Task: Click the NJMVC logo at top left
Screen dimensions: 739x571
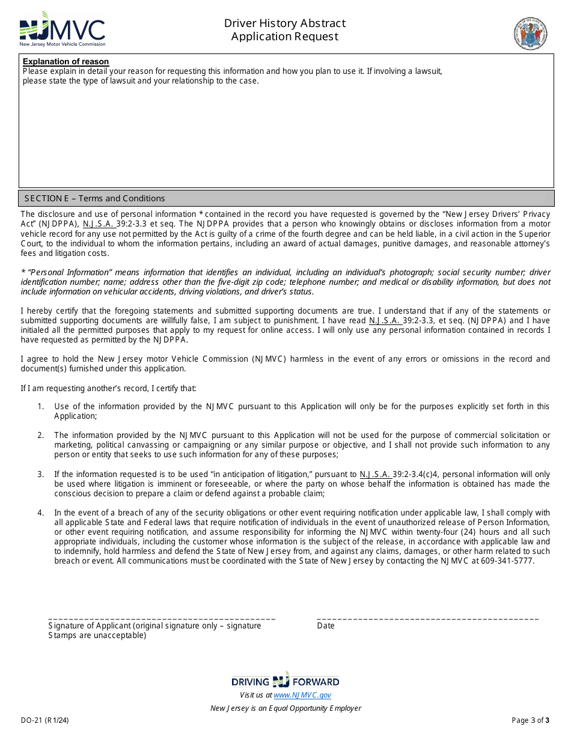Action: coord(62,29)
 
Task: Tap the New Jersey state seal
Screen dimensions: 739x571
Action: coord(530,33)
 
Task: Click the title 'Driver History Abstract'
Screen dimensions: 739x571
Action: coord(285,23)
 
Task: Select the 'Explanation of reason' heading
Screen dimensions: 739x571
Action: coord(66,61)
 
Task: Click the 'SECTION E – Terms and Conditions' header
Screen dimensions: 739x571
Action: coord(94,198)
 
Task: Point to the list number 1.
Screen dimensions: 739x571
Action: coord(40,407)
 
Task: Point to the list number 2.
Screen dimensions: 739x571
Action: coord(40,436)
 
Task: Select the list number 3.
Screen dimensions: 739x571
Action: coord(40,474)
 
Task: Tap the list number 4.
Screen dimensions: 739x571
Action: coord(40,513)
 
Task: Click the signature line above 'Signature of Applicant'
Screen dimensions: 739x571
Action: coord(161,618)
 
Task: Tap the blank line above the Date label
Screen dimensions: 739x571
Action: coord(427,618)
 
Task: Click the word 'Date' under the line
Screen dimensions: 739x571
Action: coord(326,626)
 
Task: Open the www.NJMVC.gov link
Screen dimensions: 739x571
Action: coord(302,695)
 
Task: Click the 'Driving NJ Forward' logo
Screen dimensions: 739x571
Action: coord(285,681)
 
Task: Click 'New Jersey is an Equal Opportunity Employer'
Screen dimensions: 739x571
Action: coord(285,708)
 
